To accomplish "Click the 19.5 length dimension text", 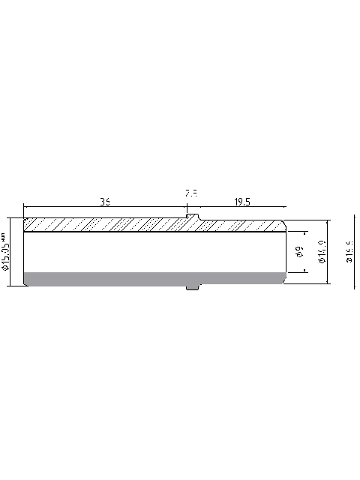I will coord(241,202).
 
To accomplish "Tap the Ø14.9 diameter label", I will coord(321,252).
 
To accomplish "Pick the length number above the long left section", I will coord(105,202).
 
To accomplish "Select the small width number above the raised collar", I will coord(191,193).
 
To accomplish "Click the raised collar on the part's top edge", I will coord(193,217).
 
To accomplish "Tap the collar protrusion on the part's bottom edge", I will coord(193,287).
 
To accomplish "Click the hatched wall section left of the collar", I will coord(105,225).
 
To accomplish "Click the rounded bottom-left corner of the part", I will coord(25,283).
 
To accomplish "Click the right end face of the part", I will coord(286,252).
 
